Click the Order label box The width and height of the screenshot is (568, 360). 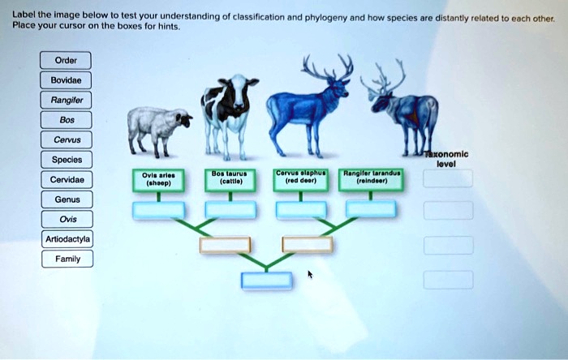click(x=65, y=60)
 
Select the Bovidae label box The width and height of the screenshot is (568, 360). click(x=67, y=80)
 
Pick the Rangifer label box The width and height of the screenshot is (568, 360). click(x=67, y=101)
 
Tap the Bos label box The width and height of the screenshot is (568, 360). click(x=65, y=120)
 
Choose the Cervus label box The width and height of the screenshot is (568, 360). click(x=66, y=139)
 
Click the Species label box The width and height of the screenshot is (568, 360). click(x=67, y=160)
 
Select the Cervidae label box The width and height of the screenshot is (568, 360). click(x=67, y=179)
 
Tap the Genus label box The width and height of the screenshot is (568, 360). click(x=67, y=199)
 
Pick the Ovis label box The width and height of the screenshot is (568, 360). click(x=67, y=219)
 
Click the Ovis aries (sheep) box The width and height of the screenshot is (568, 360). click(x=158, y=179)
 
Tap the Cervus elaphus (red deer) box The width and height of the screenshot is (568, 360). click(x=300, y=179)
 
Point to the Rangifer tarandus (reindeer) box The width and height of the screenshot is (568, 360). click(x=370, y=179)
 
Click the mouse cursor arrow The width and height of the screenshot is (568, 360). click(x=309, y=276)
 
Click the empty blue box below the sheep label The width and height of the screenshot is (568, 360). click(x=158, y=210)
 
